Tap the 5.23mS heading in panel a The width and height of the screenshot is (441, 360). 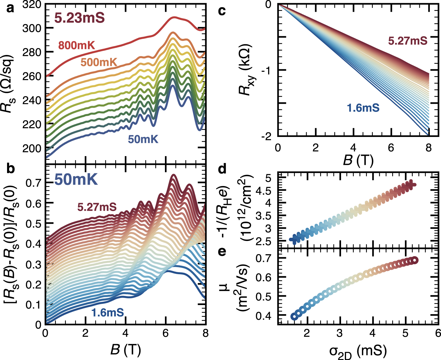tap(79, 18)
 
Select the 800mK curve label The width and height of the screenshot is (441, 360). tap(76, 46)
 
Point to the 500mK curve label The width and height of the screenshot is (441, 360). tap(99, 62)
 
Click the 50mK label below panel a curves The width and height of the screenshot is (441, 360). tap(143, 139)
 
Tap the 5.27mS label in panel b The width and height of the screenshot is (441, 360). tap(97, 207)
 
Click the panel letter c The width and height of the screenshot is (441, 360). tap(222, 11)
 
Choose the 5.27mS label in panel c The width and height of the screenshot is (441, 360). tap(407, 41)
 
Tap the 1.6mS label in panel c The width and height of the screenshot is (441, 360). tap(363, 108)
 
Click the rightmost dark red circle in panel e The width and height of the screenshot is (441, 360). tap(414, 260)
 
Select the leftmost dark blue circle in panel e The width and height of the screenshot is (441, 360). tap(294, 317)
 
